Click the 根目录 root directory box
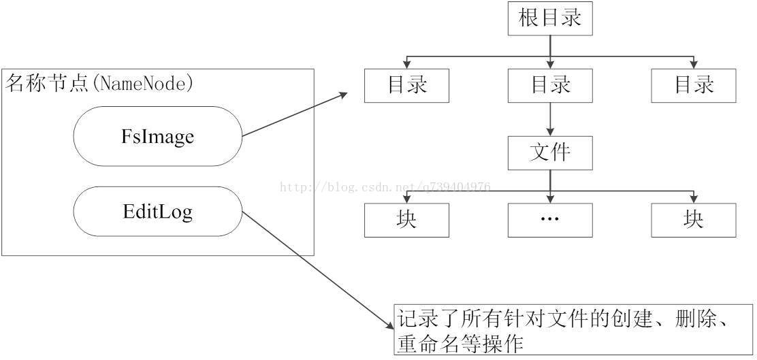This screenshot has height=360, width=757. pyautogui.click(x=550, y=18)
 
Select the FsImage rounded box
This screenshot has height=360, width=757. pyautogui.click(x=157, y=136)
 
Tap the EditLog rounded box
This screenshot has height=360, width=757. pyautogui.click(x=157, y=212)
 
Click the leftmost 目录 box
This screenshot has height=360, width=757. pyautogui.click(x=406, y=86)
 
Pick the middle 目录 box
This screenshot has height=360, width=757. pyautogui.click(x=550, y=86)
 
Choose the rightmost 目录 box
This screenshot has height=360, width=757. pyautogui.click(x=693, y=86)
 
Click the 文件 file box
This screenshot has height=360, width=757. pyautogui.click(x=550, y=152)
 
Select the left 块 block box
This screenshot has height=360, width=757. pyautogui.click(x=406, y=220)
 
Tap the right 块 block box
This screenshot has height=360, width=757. pyautogui.click(x=693, y=220)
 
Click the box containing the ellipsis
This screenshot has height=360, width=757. pyautogui.click(x=550, y=220)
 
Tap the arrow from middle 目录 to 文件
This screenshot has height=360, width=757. pyautogui.click(x=550, y=119)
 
